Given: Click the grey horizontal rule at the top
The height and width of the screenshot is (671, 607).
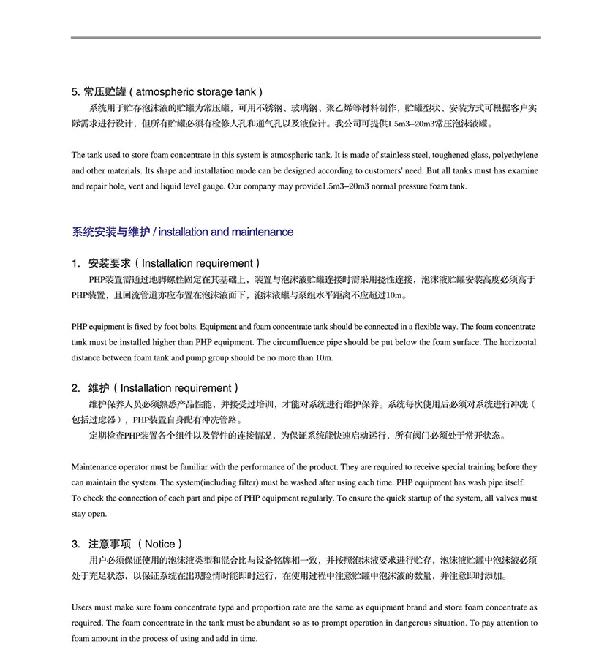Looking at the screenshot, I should pos(306,37).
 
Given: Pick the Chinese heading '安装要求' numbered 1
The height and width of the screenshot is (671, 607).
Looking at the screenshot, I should pos(109,263).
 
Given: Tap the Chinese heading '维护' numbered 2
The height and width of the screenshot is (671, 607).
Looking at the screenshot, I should pos(98,388).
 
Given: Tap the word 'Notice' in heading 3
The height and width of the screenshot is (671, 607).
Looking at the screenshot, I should pos(159,544).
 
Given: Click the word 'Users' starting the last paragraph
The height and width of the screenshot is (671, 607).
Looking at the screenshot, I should pos(83,607).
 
